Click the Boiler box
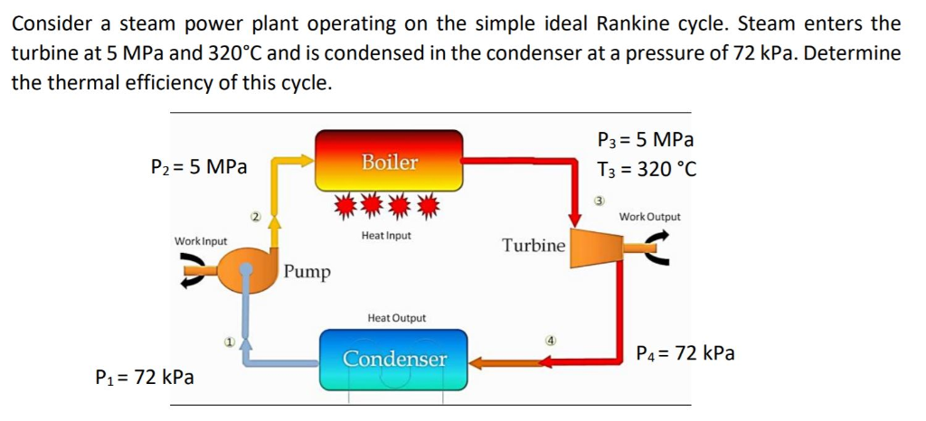pyautogui.click(x=389, y=161)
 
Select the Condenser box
pyautogui.click(x=394, y=359)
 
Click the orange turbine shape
pyautogui.click(x=593, y=245)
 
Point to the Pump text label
pyautogui.click(x=307, y=272)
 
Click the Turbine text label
pyautogui.click(x=534, y=246)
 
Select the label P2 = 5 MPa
pyautogui.click(x=199, y=166)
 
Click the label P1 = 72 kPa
pyautogui.click(x=145, y=377)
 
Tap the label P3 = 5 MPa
pyautogui.click(x=646, y=140)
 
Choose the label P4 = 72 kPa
pyautogui.click(x=685, y=352)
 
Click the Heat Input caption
pyautogui.click(x=386, y=236)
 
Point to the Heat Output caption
pyautogui.click(x=396, y=318)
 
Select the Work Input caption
pyautogui.click(x=201, y=241)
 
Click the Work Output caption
pyautogui.click(x=650, y=217)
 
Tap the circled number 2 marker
pyautogui.click(x=256, y=217)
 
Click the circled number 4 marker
pyautogui.click(x=549, y=341)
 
